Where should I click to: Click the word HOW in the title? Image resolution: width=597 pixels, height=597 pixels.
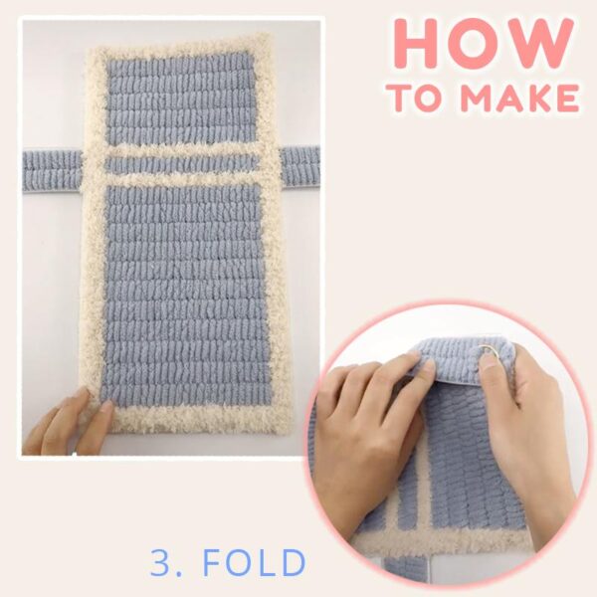pos(484,43)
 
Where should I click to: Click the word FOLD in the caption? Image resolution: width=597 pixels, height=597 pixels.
pos(255,563)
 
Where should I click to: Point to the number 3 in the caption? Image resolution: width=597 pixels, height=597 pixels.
pos(160,563)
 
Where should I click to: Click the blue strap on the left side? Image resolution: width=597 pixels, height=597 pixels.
pos(52,171)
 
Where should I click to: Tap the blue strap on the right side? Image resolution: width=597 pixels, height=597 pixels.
pos(300,166)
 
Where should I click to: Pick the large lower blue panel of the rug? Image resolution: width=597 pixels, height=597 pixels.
pos(187,296)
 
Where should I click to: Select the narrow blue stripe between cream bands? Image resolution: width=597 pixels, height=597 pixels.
pos(182,165)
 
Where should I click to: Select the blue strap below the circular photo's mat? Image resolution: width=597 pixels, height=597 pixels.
pos(405,569)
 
